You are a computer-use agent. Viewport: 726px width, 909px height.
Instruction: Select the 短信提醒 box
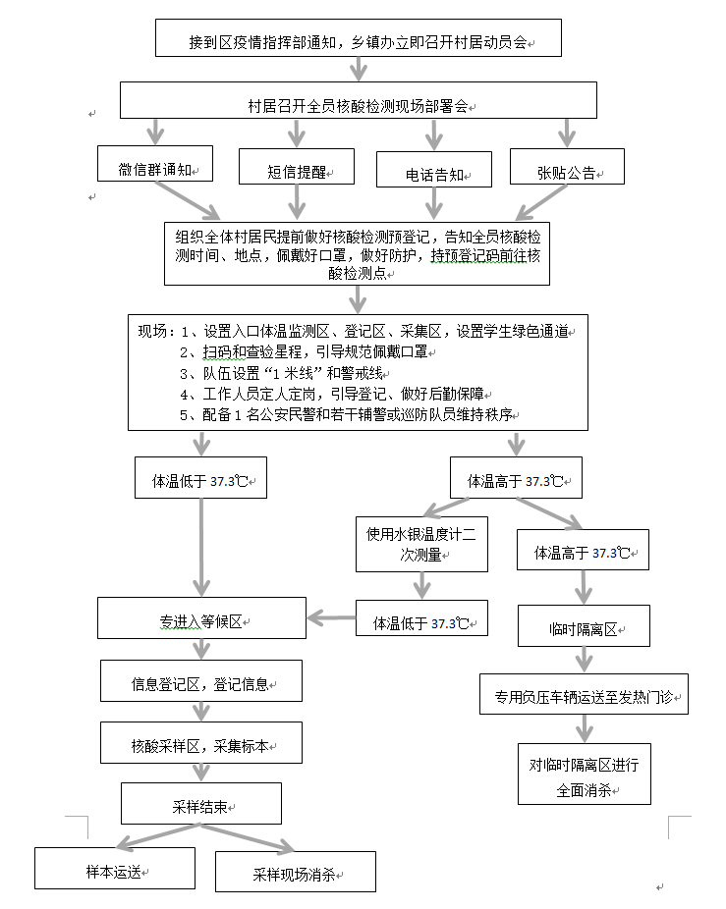click(297, 169)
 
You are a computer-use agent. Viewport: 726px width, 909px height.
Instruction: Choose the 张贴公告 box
click(567, 169)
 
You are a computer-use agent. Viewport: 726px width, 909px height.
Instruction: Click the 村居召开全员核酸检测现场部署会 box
click(359, 101)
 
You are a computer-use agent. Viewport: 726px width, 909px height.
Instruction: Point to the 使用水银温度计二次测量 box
click(421, 544)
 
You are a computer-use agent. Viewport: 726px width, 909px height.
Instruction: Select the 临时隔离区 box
click(584, 626)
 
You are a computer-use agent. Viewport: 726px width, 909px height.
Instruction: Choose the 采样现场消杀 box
click(295, 872)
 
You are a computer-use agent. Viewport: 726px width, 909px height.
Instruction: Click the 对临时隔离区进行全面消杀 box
click(584, 774)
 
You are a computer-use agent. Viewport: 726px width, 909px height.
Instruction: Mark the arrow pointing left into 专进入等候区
click(330, 617)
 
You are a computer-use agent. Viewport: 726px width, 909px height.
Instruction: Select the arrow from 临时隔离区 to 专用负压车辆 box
click(584, 660)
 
